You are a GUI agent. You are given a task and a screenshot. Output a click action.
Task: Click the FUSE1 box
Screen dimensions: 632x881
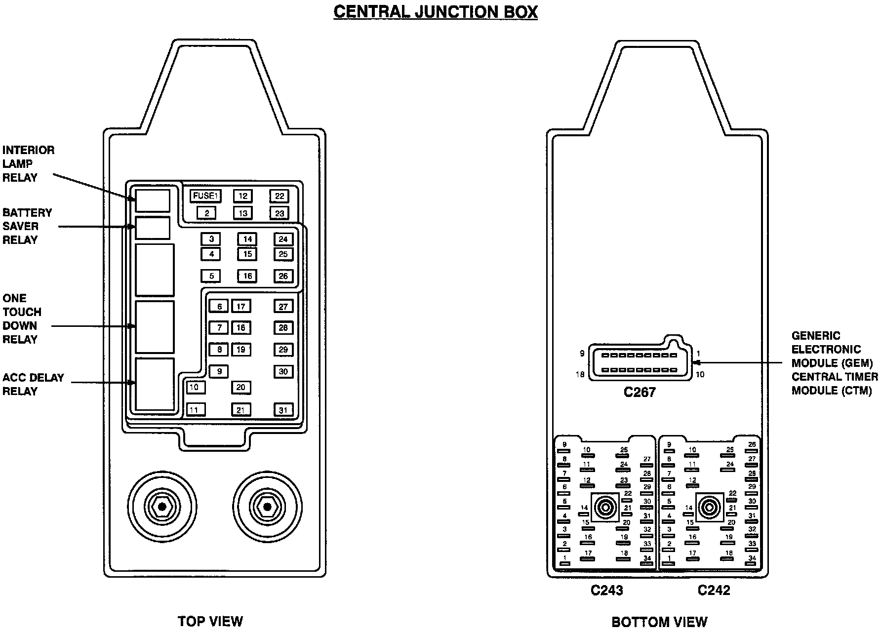point(205,196)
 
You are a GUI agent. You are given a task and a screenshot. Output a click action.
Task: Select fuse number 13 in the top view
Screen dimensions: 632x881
point(242,213)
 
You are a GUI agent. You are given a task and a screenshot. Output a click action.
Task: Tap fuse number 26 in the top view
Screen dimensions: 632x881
point(283,276)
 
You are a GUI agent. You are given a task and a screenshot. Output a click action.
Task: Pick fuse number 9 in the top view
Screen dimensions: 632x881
point(219,371)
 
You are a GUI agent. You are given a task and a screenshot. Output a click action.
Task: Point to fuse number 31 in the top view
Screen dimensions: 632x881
point(283,409)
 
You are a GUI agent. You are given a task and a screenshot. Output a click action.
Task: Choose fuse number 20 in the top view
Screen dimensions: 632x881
point(240,387)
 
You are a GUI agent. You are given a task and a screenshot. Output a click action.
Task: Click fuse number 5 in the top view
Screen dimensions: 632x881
point(211,276)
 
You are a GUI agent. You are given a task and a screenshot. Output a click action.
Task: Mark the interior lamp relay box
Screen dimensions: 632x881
point(153,200)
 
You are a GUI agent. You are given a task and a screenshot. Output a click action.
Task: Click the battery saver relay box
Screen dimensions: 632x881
point(153,228)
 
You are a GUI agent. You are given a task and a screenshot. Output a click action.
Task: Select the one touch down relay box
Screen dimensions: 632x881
point(155,326)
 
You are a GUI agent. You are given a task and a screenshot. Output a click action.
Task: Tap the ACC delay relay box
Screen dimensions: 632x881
point(155,384)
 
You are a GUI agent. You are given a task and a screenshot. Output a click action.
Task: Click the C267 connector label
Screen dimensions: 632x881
point(640,392)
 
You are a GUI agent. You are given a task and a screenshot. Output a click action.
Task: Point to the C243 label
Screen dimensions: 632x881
point(607,590)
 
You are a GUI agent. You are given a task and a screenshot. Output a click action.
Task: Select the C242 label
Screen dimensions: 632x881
point(714,590)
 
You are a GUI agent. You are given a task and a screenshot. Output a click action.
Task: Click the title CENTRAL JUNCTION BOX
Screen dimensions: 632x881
point(435,11)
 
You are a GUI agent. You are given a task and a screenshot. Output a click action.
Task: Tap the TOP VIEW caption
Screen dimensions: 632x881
point(210,621)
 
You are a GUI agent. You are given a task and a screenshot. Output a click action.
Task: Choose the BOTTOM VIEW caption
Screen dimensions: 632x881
point(659,622)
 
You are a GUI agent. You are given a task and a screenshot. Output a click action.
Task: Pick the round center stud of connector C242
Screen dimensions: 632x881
point(710,507)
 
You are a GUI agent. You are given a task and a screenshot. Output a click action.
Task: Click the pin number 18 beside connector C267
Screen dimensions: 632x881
point(580,375)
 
